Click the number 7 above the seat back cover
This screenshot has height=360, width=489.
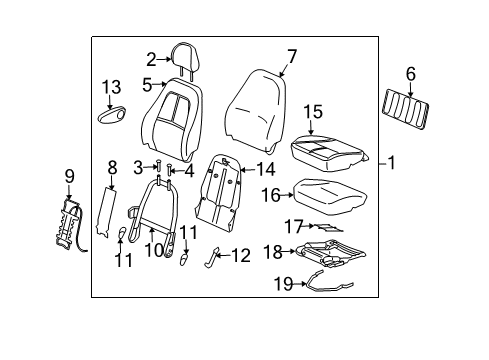coord(291,55)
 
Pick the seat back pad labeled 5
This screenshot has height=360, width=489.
coord(175,110)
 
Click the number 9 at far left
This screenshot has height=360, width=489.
coord(69,178)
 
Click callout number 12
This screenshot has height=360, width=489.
coord(240,256)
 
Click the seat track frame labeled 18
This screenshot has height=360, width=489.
coord(331,252)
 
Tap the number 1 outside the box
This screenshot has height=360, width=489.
coord(391,163)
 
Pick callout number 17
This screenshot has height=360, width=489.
coord(291,226)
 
